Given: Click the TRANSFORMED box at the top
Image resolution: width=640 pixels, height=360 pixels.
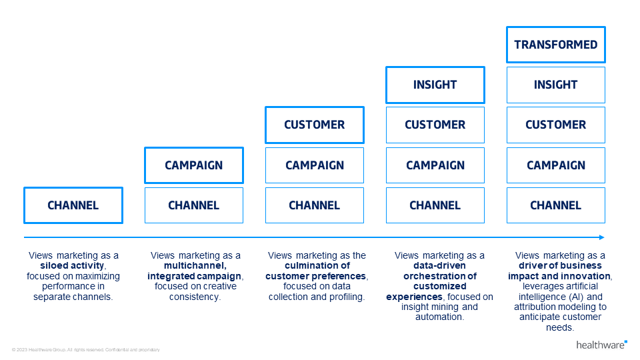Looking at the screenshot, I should pyautogui.click(x=555, y=45).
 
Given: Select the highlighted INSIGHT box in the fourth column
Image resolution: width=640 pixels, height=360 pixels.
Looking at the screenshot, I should pyautogui.click(x=435, y=85).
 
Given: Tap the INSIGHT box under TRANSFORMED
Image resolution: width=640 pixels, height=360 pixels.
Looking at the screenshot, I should pyautogui.click(x=555, y=85).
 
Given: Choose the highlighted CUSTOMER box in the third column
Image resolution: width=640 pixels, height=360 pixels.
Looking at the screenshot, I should pyautogui.click(x=314, y=125).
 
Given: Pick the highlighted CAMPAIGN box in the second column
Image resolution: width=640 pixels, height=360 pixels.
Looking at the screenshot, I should pyautogui.click(x=193, y=165).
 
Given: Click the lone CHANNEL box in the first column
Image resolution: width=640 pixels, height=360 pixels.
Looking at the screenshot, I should pyautogui.click(x=73, y=205).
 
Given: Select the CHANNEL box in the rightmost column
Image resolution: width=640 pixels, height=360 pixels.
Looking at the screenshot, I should pyautogui.click(x=555, y=205).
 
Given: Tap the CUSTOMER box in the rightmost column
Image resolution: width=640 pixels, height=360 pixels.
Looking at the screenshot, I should pyautogui.click(x=555, y=125).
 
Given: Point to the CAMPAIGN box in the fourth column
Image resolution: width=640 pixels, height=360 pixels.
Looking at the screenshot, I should pyautogui.click(x=435, y=165).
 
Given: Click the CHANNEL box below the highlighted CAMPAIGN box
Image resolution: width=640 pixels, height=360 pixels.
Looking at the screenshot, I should pyautogui.click(x=193, y=205).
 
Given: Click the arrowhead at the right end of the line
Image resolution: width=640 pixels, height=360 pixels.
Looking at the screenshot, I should pyautogui.click(x=601, y=237).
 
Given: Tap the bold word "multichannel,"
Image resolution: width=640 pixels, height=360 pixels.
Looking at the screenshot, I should pyautogui.click(x=193, y=265).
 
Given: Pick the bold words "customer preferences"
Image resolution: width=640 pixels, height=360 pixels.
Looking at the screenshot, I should pyautogui.click(x=315, y=276).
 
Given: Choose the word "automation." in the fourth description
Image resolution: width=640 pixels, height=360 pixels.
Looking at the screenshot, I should pyautogui.click(x=439, y=317).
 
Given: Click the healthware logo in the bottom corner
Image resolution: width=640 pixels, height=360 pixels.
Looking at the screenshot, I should pyautogui.click(x=601, y=345).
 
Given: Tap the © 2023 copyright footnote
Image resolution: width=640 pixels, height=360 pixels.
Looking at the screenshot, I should pyautogui.click(x=85, y=349).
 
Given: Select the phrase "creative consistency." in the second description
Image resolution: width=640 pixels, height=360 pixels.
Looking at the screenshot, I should pyautogui.click(x=196, y=291).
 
